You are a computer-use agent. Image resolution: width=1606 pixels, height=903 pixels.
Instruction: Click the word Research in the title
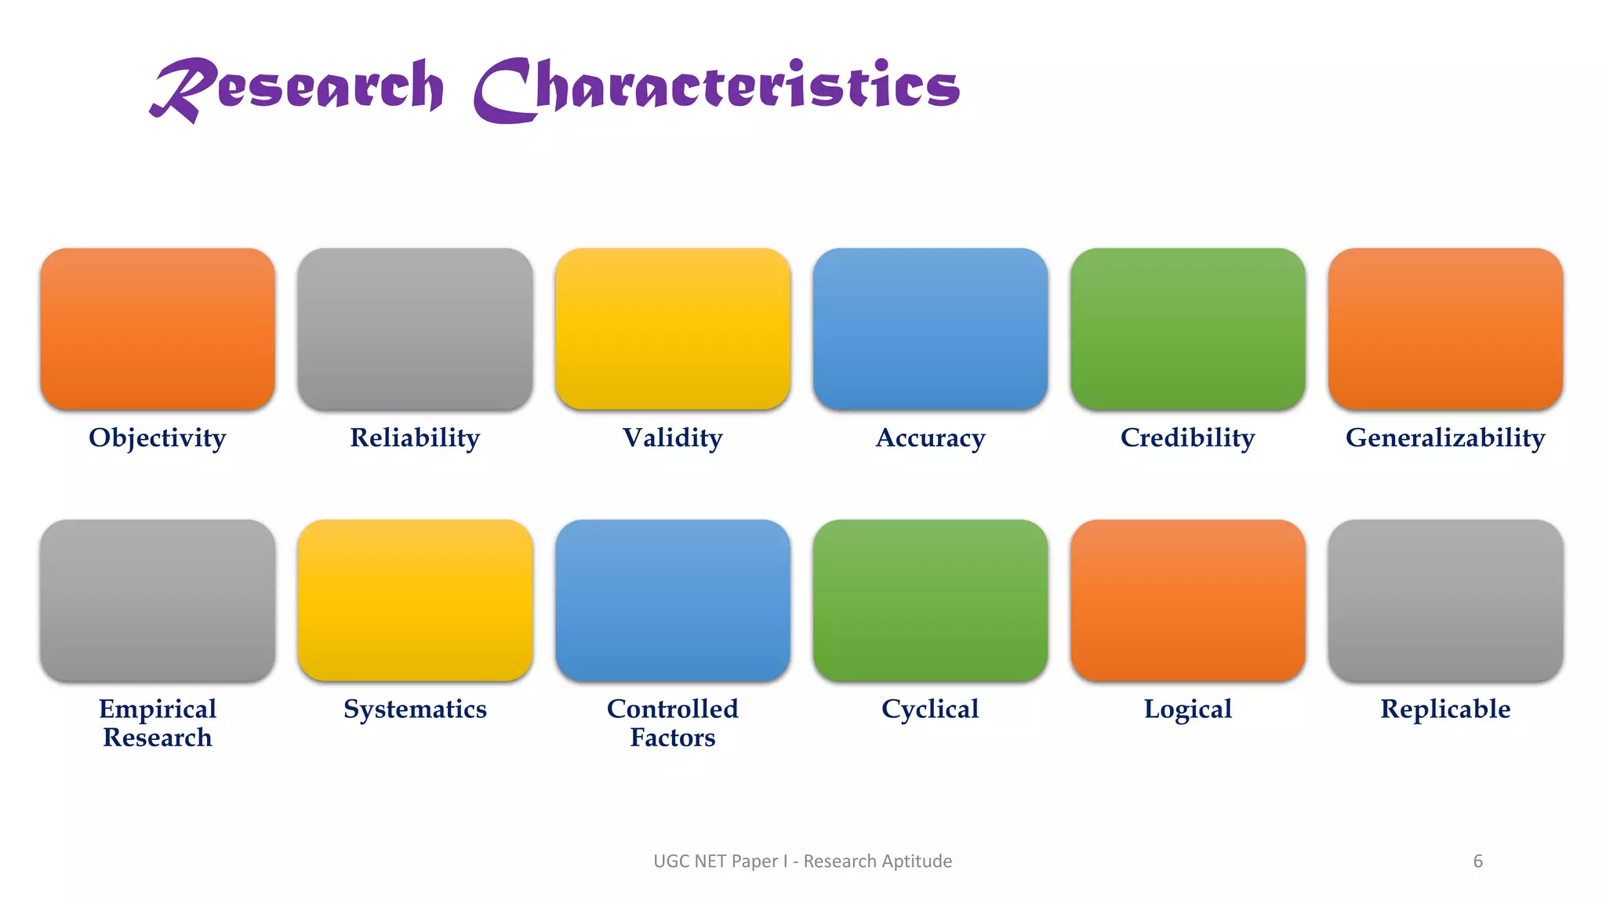(298, 88)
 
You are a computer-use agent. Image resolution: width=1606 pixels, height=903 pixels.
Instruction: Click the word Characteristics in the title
(717, 88)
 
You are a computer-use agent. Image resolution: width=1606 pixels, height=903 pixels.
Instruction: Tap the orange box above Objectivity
(158, 328)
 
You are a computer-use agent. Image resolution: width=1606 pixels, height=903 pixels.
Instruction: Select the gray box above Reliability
(415, 328)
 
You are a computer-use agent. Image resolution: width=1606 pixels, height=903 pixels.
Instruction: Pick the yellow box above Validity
(672, 328)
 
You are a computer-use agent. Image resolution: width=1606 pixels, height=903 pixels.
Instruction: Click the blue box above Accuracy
(930, 328)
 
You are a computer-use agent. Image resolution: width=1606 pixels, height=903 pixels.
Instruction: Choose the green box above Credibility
(1187, 328)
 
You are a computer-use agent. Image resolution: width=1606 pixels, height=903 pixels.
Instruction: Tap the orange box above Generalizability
(1445, 328)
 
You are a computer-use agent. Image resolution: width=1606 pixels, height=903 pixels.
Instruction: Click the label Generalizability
(1445, 437)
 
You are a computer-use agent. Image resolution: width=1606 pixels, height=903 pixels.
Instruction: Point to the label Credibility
(1187, 437)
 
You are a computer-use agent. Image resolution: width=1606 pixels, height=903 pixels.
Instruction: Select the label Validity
(672, 437)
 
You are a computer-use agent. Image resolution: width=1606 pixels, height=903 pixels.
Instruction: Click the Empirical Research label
(158, 723)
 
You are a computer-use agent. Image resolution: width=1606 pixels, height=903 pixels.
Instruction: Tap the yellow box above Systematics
(415, 600)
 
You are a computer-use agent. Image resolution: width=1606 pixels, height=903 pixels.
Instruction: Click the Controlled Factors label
(672, 723)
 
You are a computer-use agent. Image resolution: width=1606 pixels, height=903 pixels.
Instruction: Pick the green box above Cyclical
(930, 600)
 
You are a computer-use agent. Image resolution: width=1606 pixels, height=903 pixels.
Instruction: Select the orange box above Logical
(1187, 600)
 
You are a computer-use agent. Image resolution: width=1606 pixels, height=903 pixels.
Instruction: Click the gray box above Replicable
(1445, 600)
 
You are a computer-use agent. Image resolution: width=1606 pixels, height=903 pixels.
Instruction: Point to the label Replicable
(1445, 709)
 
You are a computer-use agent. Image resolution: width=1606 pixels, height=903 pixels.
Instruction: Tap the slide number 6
(1477, 861)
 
